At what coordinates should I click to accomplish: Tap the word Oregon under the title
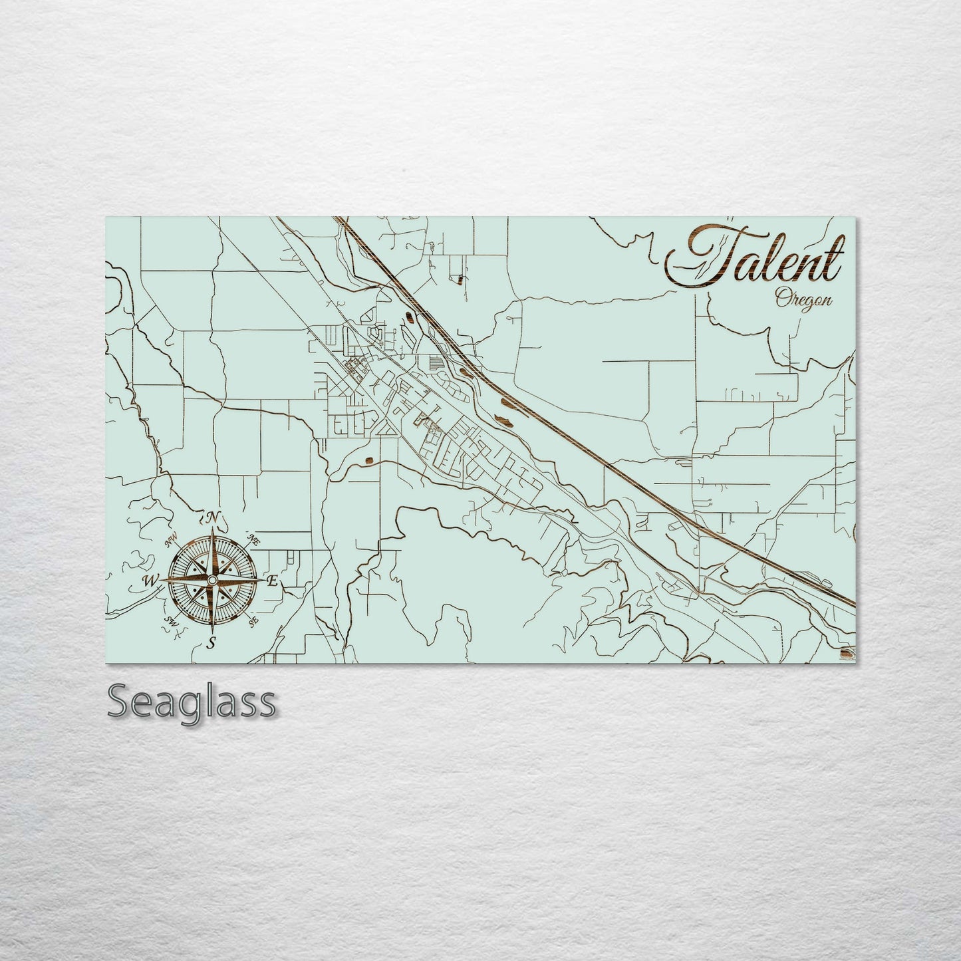[x=803, y=299]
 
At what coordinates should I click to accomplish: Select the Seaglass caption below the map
[x=191, y=702]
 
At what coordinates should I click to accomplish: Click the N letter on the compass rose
[x=212, y=517]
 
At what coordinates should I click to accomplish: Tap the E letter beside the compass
[x=271, y=582]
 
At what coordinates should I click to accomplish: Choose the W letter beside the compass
[x=150, y=581]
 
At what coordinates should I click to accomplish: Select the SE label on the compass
[x=253, y=622]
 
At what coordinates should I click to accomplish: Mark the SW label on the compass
[x=171, y=622]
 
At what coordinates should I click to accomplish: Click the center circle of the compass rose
[x=211, y=581]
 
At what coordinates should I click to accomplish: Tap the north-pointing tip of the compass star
[x=212, y=529]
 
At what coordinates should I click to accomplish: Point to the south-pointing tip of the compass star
[x=212, y=631]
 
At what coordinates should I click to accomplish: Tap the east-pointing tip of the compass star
[x=263, y=581]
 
